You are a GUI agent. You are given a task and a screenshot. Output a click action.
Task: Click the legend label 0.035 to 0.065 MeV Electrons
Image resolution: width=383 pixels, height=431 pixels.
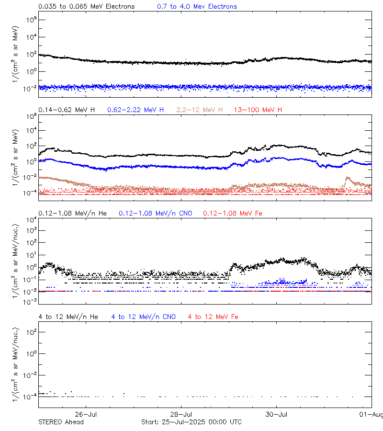(x=87, y=7)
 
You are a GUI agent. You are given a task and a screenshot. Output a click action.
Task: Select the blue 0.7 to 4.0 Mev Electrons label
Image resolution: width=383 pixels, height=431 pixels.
(x=197, y=7)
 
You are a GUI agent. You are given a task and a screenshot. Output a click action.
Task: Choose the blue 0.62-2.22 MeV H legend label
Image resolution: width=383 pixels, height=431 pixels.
(x=135, y=110)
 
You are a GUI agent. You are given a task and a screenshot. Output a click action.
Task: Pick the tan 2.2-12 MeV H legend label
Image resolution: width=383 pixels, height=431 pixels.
(x=199, y=110)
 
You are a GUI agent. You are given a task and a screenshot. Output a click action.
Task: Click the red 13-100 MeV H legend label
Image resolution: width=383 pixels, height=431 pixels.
(x=258, y=110)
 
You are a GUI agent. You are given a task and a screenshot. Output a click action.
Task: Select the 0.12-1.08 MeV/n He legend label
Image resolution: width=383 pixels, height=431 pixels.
(x=74, y=213)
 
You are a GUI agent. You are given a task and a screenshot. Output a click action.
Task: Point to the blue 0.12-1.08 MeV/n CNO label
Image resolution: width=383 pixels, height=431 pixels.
(x=156, y=213)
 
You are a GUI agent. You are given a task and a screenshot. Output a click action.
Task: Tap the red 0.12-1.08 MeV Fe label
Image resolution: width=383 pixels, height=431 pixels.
(x=233, y=213)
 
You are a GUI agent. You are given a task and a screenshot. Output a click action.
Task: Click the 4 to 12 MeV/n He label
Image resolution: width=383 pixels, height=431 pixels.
(x=68, y=317)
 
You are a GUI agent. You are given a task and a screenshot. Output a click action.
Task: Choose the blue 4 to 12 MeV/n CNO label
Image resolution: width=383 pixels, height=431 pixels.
(x=144, y=317)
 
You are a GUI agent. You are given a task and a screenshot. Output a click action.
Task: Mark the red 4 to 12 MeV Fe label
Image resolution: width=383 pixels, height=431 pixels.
(x=213, y=317)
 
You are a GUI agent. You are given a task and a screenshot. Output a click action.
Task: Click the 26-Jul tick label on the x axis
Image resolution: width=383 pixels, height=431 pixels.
(x=87, y=414)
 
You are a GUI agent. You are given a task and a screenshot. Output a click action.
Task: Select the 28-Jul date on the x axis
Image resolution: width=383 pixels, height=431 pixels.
(x=181, y=414)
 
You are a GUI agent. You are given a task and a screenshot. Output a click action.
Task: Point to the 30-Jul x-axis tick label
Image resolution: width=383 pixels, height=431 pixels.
(x=276, y=414)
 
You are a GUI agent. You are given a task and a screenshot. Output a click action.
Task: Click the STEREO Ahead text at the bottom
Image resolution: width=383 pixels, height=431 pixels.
(x=61, y=422)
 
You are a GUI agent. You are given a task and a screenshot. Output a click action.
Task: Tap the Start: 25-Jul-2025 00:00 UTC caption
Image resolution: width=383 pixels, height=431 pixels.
(x=191, y=422)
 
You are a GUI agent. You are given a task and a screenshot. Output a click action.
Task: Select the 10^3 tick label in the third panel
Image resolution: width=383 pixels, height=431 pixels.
(x=31, y=231)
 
